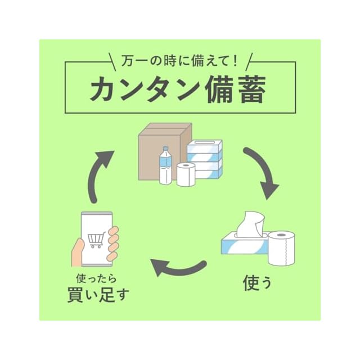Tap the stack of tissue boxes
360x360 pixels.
tap(206, 159)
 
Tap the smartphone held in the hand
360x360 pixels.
tap(96, 238)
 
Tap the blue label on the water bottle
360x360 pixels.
tap(165, 163)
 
